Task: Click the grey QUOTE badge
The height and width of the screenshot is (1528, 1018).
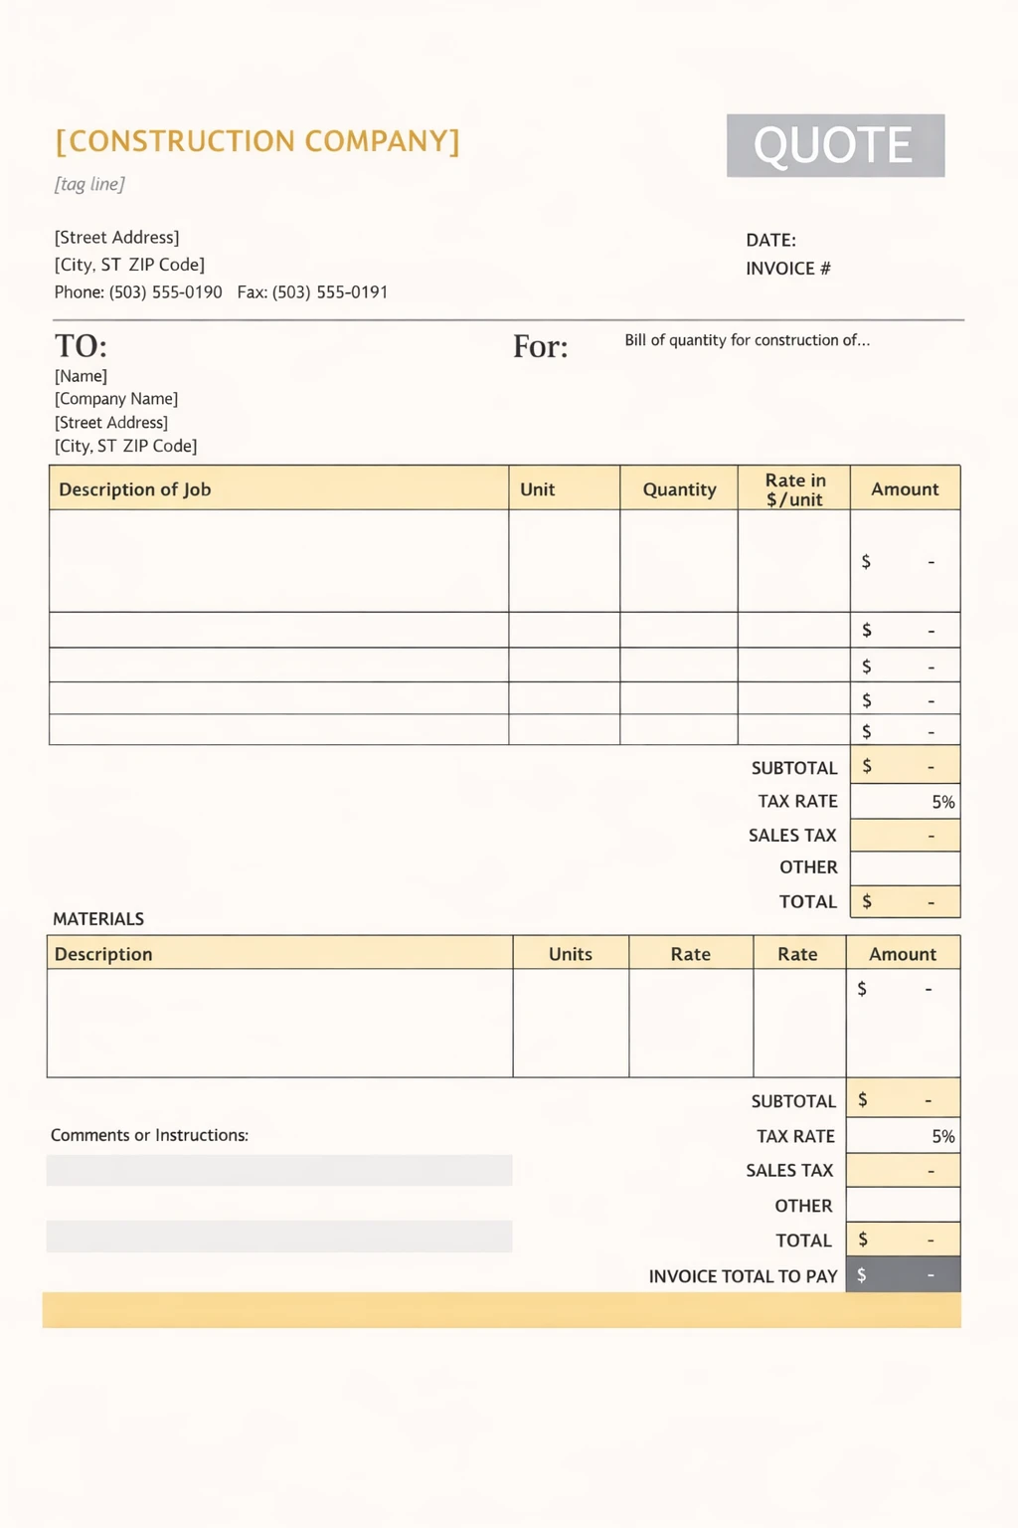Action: pyautogui.click(x=835, y=145)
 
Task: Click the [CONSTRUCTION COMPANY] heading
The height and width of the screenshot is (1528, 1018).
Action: pyautogui.click(x=257, y=141)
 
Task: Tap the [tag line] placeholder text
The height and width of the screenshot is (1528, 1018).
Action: pyautogui.click(x=89, y=184)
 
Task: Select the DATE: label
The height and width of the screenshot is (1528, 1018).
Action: pyautogui.click(x=770, y=240)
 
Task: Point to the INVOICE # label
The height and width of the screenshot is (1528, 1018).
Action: pyautogui.click(x=787, y=269)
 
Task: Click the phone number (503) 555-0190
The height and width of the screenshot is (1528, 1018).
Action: pyautogui.click(x=165, y=292)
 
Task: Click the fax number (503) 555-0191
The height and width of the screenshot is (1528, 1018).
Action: pyautogui.click(x=329, y=292)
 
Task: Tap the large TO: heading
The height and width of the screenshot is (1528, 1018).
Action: pyautogui.click(x=81, y=346)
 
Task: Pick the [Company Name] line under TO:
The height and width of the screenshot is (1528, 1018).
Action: pyautogui.click(x=116, y=399)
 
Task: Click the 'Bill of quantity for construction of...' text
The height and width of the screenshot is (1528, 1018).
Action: pyautogui.click(x=747, y=340)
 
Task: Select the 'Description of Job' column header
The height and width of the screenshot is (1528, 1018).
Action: pyautogui.click(x=135, y=489)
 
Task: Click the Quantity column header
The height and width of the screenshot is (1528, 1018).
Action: pyautogui.click(x=679, y=489)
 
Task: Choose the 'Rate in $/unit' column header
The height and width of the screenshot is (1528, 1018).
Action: pyautogui.click(x=794, y=489)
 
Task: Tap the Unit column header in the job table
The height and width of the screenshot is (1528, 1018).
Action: pyautogui.click(x=537, y=489)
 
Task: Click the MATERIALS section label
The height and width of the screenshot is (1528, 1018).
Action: pyautogui.click(x=98, y=919)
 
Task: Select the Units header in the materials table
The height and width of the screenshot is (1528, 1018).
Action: pyautogui.click(x=570, y=954)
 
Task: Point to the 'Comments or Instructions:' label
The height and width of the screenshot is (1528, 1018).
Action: pyautogui.click(x=149, y=1135)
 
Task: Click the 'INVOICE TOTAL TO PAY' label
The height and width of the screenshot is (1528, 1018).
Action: pyautogui.click(x=743, y=1276)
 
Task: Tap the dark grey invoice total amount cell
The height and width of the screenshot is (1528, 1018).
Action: pyautogui.click(x=903, y=1275)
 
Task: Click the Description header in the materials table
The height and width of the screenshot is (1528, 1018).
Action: pyautogui.click(x=103, y=954)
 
